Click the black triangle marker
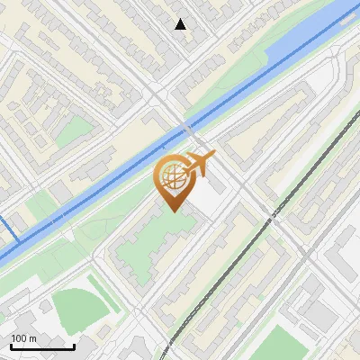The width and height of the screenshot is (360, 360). click(181, 24)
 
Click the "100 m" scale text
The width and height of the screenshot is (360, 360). click(23, 338)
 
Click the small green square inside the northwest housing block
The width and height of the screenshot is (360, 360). click(79, 125)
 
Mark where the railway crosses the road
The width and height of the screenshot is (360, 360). click(269, 216)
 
